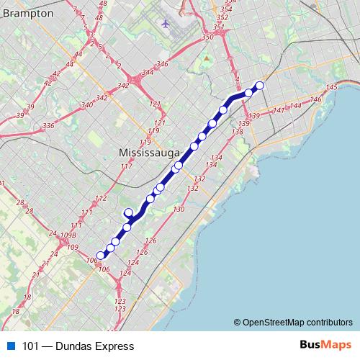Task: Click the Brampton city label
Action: pyautogui.click(x=27, y=13)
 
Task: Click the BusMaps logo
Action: pyautogui.click(x=324, y=346)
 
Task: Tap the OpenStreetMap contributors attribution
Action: pyautogui.click(x=294, y=323)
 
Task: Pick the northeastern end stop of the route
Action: pyautogui.click(x=260, y=86)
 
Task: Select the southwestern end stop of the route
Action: pyautogui.click(x=101, y=254)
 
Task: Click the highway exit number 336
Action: pyautogui.click(x=48, y=126)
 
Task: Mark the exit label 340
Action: pyautogui.click(x=87, y=105)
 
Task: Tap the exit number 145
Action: pyautogui.click(x=331, y=87)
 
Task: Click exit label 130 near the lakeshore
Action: pyautogui.click(x=179, y=209)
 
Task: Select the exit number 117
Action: pyautogui.click(x=127, y=167)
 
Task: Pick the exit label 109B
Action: pyautogui.click(x=68, y=235)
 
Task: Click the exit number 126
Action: pyautogui.click(x=150, y=241)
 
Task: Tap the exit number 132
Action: pyautogui.click(x=192, y=188)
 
